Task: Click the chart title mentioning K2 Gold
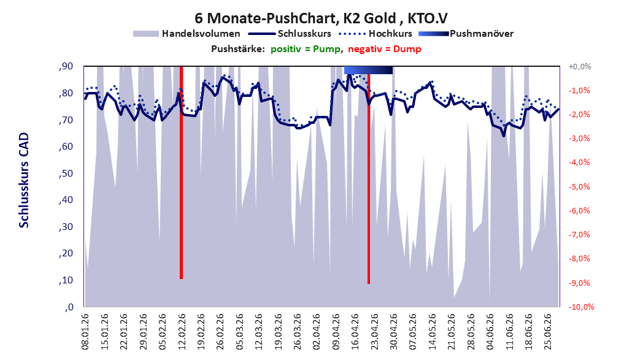click(x=321, y=18)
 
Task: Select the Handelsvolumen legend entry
click(x=187, y=34)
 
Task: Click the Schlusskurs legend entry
click(x=290, y=34)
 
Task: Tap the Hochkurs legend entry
click(x=374, y=34)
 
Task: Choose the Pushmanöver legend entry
click(x=466, y=34)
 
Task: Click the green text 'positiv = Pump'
click(x=306, y=49)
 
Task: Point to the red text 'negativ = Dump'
click(x=385, y=49)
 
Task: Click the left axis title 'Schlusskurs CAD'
click(x=24, y=180)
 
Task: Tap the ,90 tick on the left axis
click(x=66, y=66)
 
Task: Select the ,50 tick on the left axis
click(x=66, y=174)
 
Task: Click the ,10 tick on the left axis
click(x=66, y=280)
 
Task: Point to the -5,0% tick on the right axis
click(x=579, y=187)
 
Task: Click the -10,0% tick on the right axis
click(x=581, y=307)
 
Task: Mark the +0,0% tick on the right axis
click(x=580, y=66)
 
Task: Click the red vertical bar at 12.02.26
click(x=181, y=172)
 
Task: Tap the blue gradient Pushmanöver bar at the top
click(x=368, y=70)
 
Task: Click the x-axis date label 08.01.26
click(x=85, y=332)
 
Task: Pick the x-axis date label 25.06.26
click(x=548, y=332)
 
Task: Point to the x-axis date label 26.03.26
click(x=298, y=332)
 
